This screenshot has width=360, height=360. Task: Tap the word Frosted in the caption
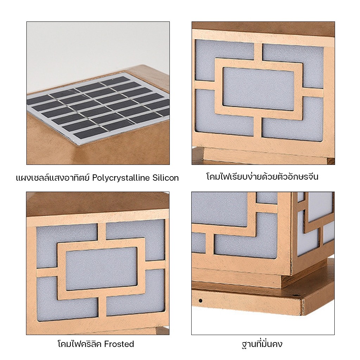point(119,344)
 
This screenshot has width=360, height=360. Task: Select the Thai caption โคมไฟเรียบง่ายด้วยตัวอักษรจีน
point(262,176)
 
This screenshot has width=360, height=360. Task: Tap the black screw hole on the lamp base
point(200,301)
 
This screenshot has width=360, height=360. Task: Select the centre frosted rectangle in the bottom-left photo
point(102,269)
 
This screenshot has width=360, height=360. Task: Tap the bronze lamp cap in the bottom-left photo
point(98,204)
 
